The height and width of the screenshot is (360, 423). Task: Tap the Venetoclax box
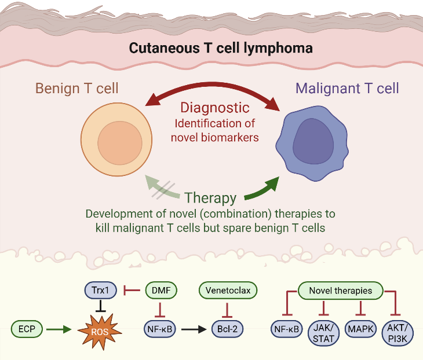(228, 289)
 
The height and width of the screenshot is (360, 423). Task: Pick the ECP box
(27, 329)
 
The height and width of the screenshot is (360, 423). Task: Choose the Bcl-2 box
(227, 329)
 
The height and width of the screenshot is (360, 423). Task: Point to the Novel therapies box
(340, 290)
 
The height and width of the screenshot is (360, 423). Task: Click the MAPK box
(360, 329)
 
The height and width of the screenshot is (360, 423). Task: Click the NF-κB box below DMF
(161, 329)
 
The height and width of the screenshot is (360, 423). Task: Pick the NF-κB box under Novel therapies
(286, 329)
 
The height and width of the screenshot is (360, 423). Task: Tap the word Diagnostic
(214, 107)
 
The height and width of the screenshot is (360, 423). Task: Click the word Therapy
(210, 198)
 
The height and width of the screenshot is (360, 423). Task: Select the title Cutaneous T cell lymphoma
(221, 48)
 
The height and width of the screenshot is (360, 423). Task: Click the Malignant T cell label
(347, 89)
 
